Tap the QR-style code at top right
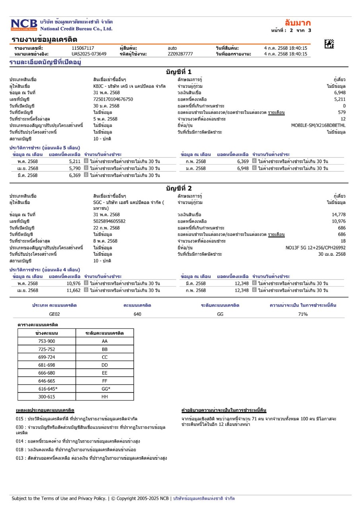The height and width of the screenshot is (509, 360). (329, 44)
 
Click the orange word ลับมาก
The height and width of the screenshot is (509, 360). (298, 23)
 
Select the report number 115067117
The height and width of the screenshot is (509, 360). (83, 49)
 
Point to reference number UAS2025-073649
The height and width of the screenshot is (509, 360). (89, 54)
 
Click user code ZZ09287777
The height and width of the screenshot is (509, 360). (180, 54)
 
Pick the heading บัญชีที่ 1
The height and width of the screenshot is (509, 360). (179, 72)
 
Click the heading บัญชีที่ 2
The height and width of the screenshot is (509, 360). (179, 188)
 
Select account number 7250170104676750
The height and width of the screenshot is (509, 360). (113, 99)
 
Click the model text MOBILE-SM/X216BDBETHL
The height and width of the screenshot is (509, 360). (318, 126)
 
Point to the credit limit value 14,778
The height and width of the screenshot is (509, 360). (339, 215)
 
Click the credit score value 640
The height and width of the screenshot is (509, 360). (138, 314)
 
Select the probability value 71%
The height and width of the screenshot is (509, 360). (303, 314)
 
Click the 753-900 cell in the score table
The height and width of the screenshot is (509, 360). (47, 341)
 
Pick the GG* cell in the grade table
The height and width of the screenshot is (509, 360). (105, 389)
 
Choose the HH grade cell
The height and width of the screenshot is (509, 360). (105, 396)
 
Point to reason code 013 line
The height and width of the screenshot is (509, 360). (90, 458)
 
